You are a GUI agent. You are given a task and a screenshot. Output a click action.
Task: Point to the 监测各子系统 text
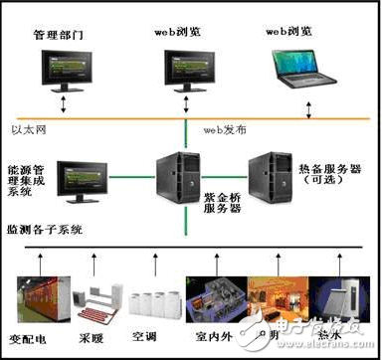pyautogui.click(x=46, y=228)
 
